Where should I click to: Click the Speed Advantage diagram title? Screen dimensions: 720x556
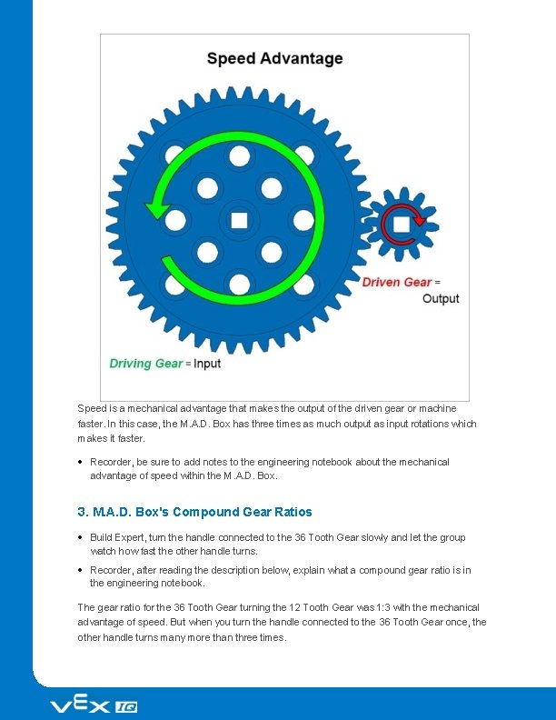pos(274,59)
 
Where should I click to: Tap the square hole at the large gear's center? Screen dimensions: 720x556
pos(240,220)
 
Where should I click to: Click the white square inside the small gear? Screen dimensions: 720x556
pos(401,223)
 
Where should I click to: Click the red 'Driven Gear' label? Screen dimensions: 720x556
pos(396,282)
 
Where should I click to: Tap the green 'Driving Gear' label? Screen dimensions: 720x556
pos(145,364)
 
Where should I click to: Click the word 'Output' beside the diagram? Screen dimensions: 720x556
pos(441,298)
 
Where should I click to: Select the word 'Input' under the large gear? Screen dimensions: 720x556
pos(206,364)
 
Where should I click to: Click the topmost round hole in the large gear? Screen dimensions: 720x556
pos(240,156)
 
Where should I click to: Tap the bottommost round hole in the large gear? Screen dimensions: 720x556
pos(240,284)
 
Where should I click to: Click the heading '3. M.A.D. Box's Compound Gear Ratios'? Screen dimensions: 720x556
pos(194,512)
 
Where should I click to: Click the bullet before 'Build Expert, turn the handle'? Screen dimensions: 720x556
pos(82,537)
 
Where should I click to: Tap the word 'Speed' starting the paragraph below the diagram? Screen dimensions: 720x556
pos(92,409)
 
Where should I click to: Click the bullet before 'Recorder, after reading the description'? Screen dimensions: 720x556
pos(82,571)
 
